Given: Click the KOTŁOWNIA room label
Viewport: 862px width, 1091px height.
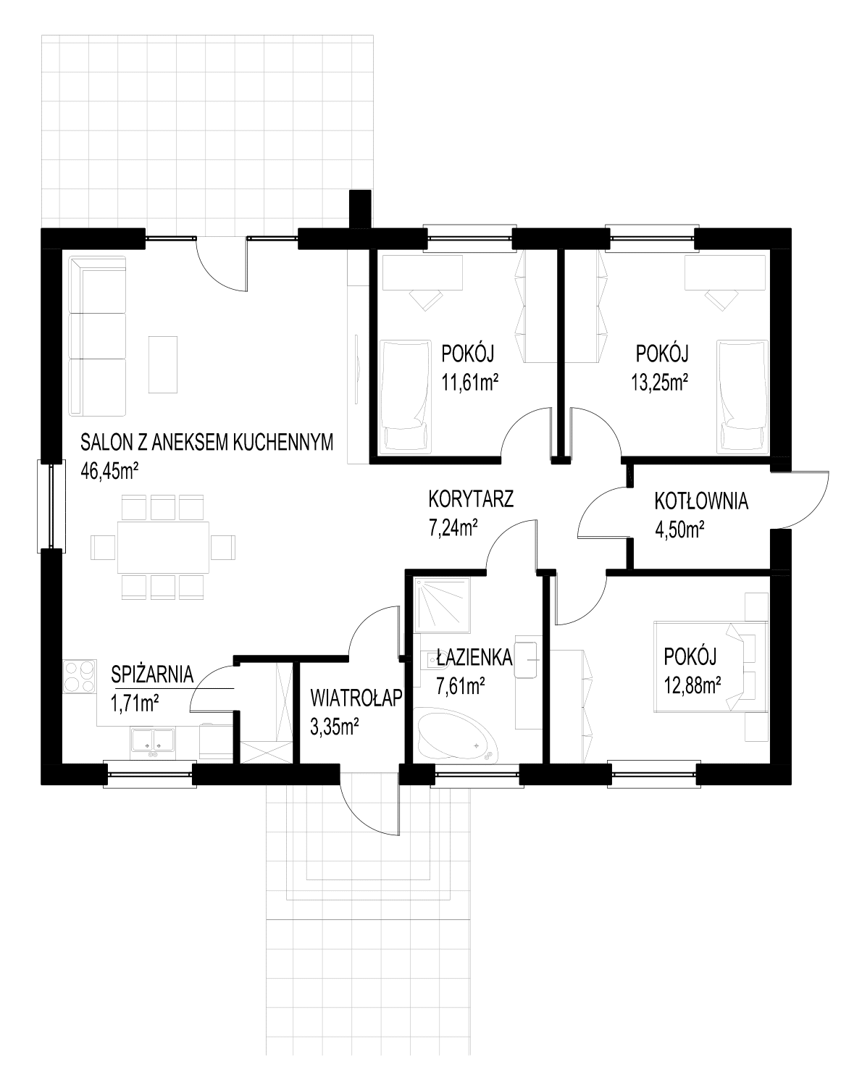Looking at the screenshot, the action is click(x=701, y=501).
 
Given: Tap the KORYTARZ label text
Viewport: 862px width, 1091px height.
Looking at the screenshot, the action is click(x=471, y=498).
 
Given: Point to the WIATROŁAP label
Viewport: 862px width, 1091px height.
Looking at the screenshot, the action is click(x=356, y=698).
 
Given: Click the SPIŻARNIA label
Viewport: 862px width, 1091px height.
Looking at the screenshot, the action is click(x=153, y=674).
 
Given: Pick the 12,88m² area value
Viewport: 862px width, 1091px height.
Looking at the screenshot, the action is click(x=692, y=686).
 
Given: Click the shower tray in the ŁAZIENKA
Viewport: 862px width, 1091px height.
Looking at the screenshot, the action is click(x=442, y=604).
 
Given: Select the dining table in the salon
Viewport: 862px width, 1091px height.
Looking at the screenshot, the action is click(x=163, y=547).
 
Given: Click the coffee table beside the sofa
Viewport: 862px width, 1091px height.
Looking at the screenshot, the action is click(x=163, y=364).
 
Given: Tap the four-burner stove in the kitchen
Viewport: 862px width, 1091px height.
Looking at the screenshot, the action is click(x=79, y=677).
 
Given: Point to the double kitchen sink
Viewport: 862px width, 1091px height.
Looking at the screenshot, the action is click(x=153, y=743).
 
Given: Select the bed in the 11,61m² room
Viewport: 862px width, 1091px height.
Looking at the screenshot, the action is click(x=405, y=396).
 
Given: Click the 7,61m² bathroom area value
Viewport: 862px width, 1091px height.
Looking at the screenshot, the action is click(x=461, y=686).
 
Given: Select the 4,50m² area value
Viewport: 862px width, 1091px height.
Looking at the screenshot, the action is click(x=679, y=530).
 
